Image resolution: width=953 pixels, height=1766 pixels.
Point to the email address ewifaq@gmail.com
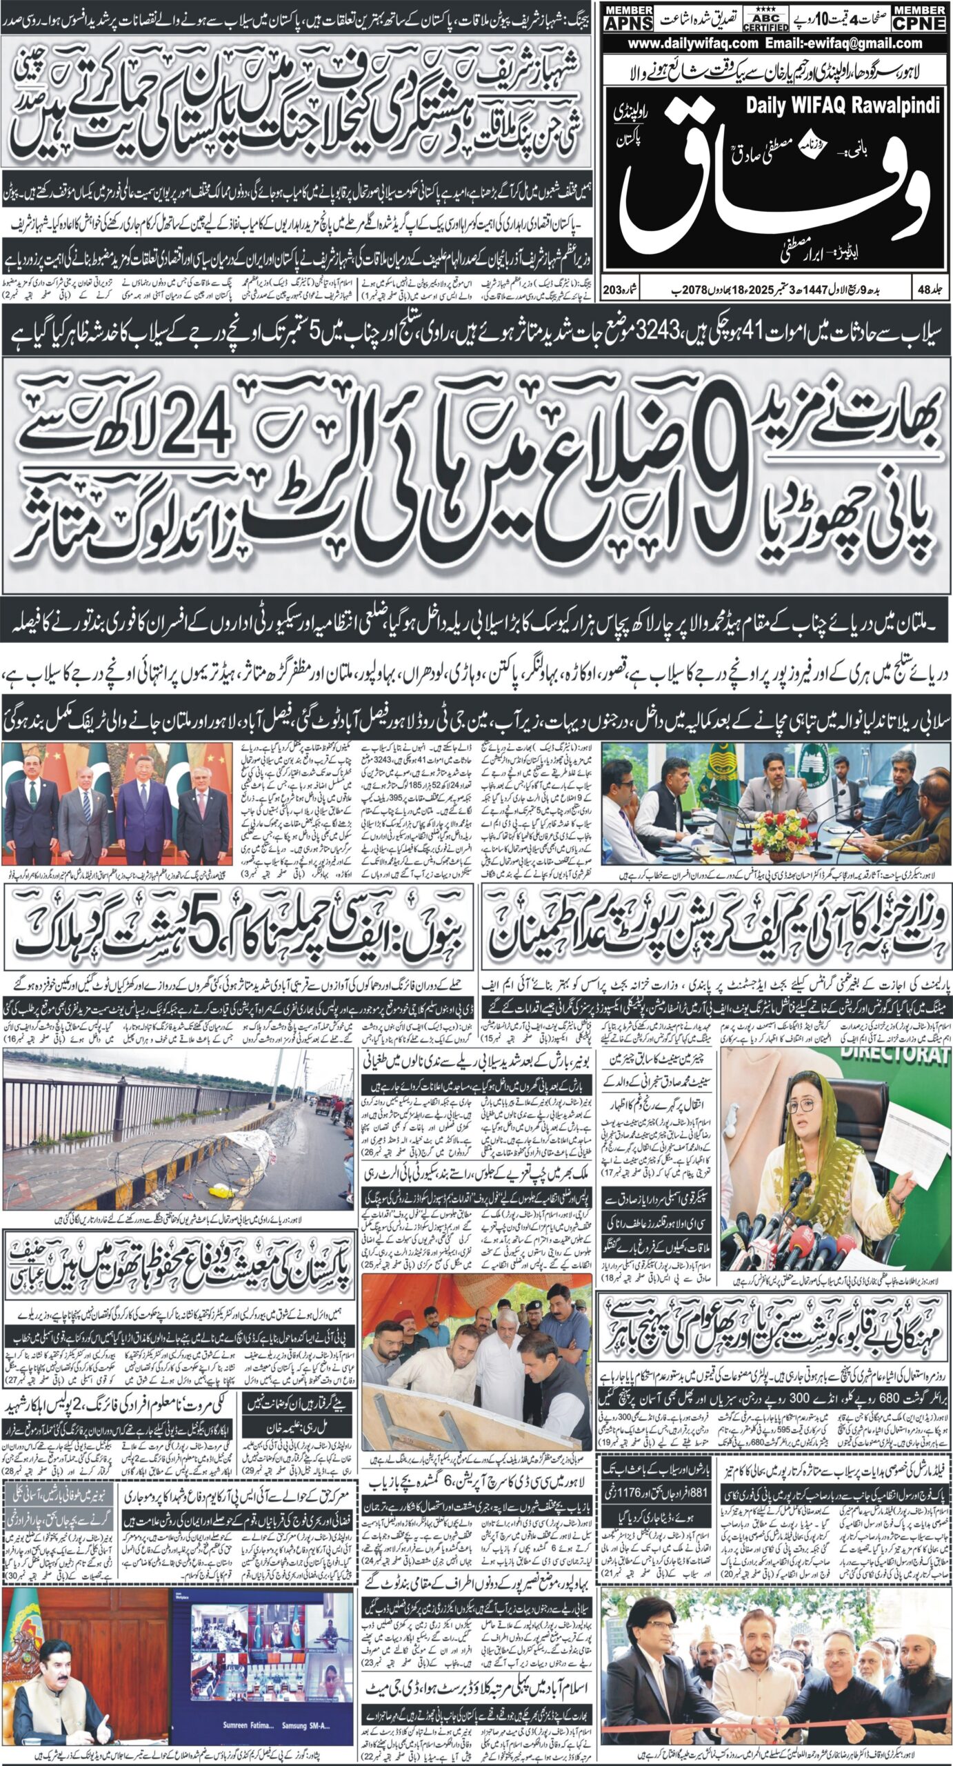850,43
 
